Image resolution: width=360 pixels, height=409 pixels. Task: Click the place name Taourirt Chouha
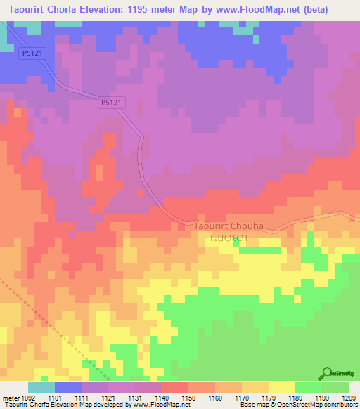[224, 227]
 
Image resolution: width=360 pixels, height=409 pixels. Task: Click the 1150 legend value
[188, 398]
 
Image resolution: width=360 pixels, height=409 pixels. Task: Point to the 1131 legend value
[136, 398]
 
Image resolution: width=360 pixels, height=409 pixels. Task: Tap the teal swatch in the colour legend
[41, 387]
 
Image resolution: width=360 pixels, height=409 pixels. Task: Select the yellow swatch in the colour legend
[281, 387]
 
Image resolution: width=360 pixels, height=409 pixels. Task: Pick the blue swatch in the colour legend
[68, 387]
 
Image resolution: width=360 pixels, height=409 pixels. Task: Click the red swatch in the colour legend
[175, 387]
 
